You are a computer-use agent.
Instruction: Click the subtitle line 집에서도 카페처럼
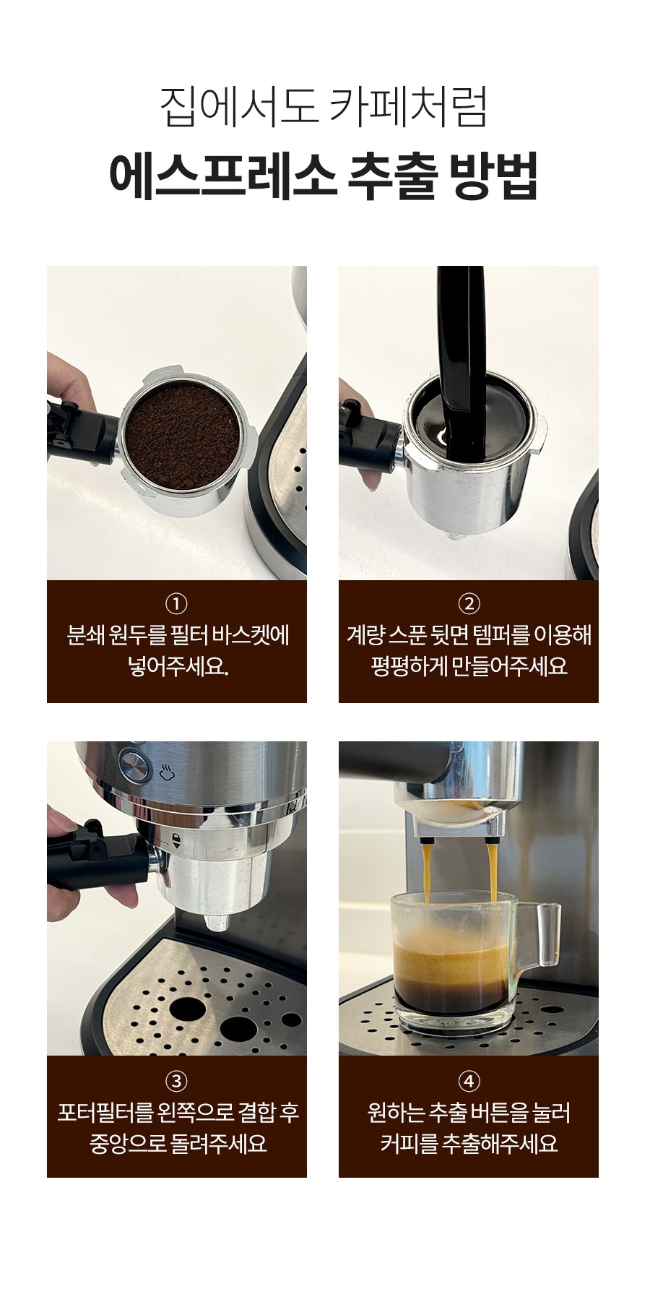coord(324,107)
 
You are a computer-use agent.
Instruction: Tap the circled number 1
coord(176,603)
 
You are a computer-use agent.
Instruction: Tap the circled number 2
coord(469,603)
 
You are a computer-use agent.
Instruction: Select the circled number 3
coord(176,1081)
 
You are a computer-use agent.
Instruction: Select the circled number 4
coord(469,1081)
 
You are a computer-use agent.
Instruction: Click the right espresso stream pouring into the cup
coord(493,873)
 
